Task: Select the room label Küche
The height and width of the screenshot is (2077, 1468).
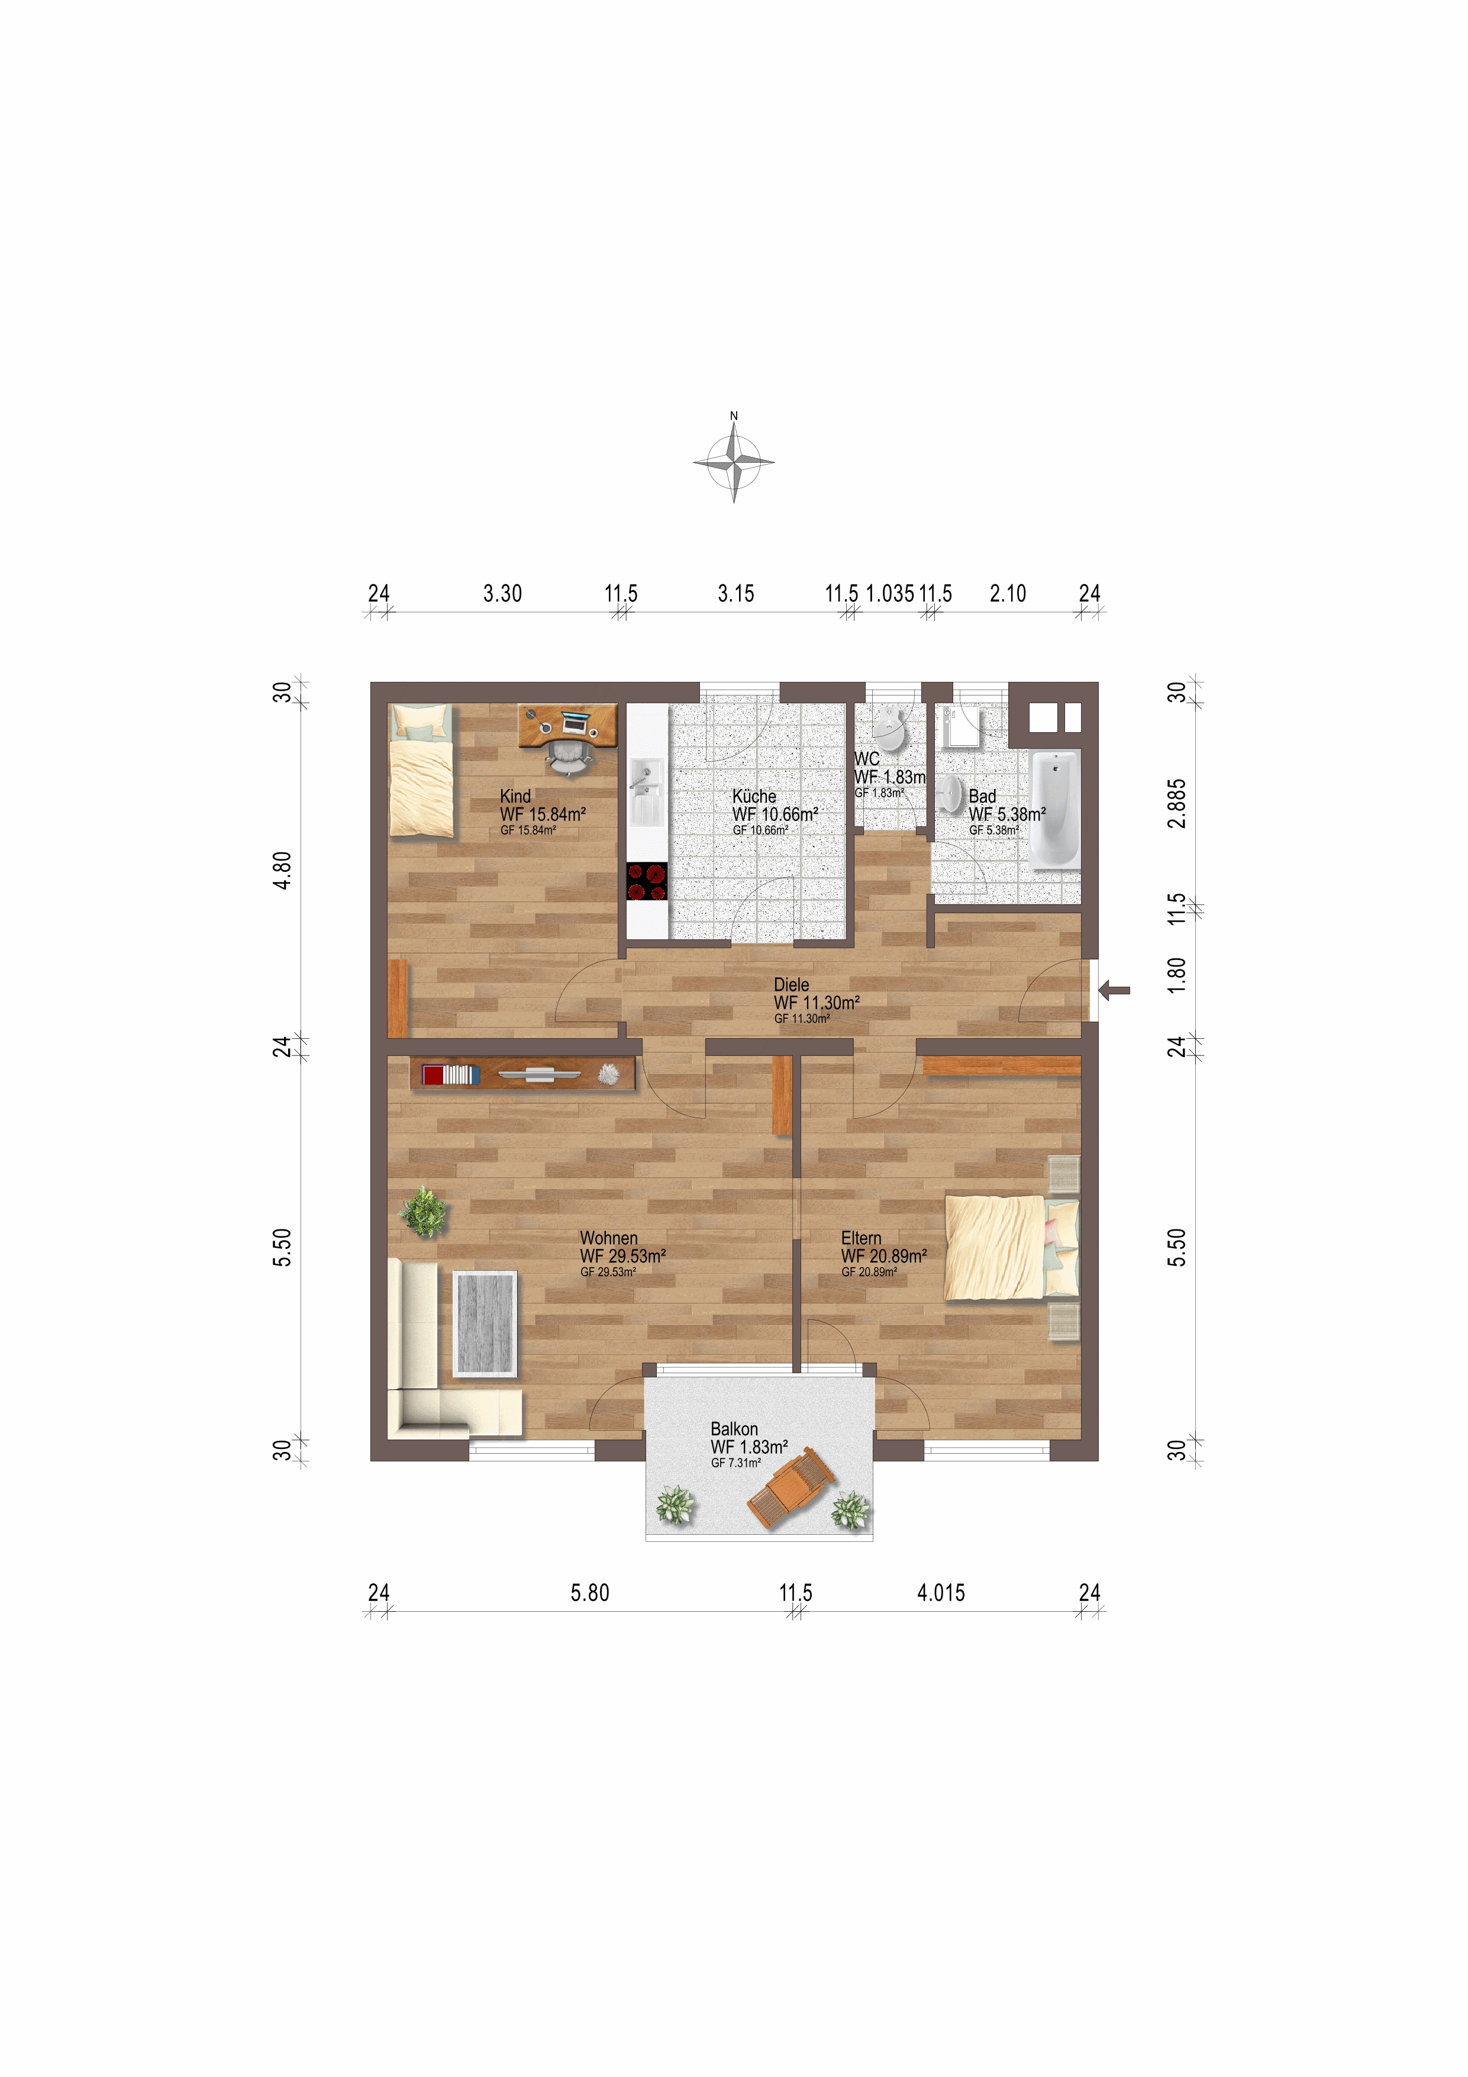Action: click(x=754, y=796)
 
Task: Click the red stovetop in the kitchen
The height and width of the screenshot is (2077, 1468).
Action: click(x=647, y=881)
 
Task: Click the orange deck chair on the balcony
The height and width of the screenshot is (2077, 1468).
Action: click(x=792, y=1487)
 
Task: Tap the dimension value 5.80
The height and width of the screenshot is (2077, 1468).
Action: click(x=590, y=1592)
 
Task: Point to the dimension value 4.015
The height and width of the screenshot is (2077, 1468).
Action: click(x=941, y=1592)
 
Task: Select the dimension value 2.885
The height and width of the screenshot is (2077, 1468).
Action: click(x=1176, y=803)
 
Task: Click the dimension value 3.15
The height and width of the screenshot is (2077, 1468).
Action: click(x=735, y=594)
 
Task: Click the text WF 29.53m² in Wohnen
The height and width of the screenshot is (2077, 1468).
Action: click(x=623, y=1255)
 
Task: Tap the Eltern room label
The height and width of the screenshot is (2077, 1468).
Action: click(x=861, y=1238)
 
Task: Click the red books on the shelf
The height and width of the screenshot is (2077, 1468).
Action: click(x=433, y=1075)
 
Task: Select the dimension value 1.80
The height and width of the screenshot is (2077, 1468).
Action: click(x=1176, y=975)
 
